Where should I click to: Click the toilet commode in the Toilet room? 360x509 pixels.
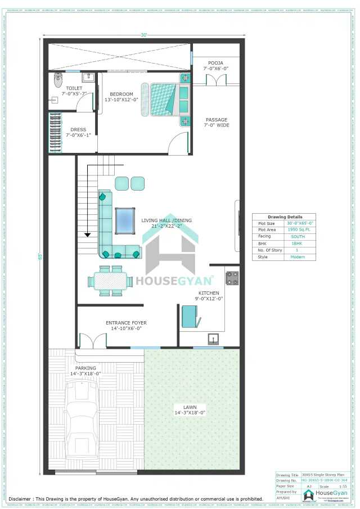(x=57, y=80)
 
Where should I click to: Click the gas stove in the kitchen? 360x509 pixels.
(x=232, y=277)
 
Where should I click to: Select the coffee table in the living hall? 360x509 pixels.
(x=125, y=220)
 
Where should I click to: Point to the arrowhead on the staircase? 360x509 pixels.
(x=88, y=235)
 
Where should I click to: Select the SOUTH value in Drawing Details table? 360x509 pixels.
(x=298, y=237)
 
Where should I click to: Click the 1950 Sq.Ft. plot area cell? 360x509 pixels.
(x=298, y=230)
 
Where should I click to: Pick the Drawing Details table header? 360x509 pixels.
(x=284, y=217)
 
